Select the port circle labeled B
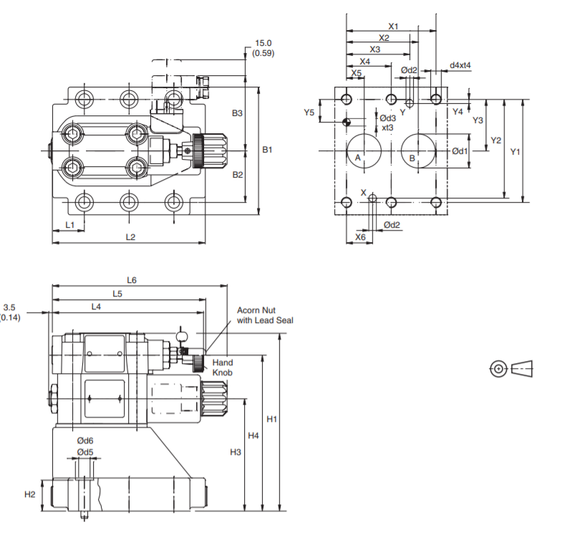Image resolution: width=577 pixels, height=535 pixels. [x=418, y=151]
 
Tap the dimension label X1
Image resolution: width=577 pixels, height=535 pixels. [x=393, y=26]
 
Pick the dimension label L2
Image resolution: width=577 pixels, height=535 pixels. [x=130, y=237]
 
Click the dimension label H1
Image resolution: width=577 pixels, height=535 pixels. [x=271, y=420]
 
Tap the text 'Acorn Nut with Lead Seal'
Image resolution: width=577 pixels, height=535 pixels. [x=265, y=315]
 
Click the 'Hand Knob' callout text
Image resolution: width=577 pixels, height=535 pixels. [x=223, y=367]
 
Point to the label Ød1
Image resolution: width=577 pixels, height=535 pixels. [x=460, y=151]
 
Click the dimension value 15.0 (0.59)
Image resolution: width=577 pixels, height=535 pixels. [x=263, y=48]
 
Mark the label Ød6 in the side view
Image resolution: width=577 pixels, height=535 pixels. [x=84, y=441]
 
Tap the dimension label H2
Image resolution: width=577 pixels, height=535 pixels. [x=30, y=494]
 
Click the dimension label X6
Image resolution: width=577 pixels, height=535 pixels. [x=360, y=236]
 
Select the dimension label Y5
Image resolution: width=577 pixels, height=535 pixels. [x=309, y=112]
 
